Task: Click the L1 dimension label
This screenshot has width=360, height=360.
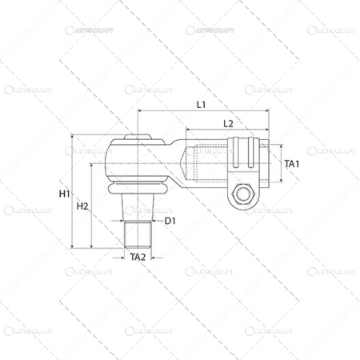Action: click(x=201, y=105)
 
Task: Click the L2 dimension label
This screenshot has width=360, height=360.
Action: click(x=227, y=123)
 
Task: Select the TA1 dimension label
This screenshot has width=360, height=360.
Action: click(x=291, y=164)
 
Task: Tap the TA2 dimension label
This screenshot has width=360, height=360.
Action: click(x=137, y=257)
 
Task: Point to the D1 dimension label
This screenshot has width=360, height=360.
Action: click(x=170, y=221)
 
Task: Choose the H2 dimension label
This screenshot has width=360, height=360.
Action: click(x=82, y=206)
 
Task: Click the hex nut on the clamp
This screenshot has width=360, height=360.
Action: click(x=246, y=194)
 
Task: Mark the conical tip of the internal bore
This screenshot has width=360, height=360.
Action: click(x=190, y=165)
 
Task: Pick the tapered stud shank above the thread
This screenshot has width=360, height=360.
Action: click(x=138, y=210)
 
